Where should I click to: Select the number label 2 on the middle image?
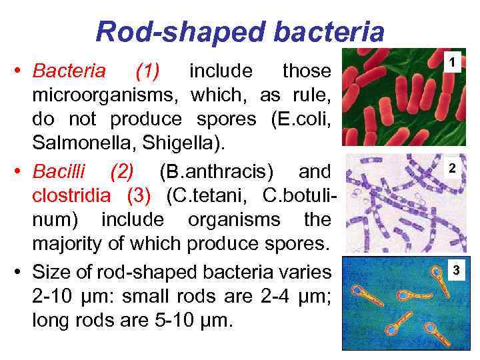coord(452,169)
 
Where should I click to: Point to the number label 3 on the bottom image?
coord(456,270)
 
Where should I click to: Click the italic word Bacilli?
coord(62,171)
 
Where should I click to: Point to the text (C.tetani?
coord(205,195)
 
